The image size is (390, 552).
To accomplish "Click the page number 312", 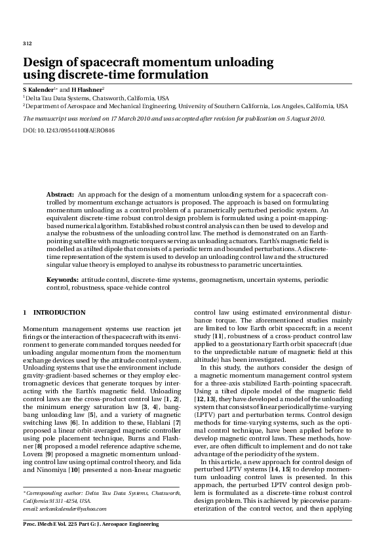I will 27,43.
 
